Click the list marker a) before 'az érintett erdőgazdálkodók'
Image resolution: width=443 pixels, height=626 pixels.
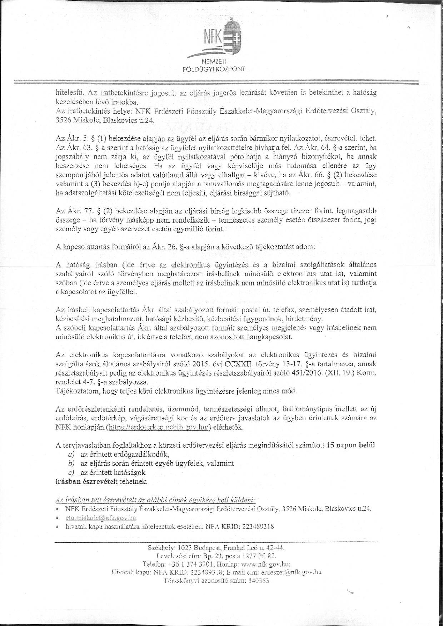71,454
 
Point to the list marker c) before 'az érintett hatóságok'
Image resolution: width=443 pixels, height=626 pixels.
71,472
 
